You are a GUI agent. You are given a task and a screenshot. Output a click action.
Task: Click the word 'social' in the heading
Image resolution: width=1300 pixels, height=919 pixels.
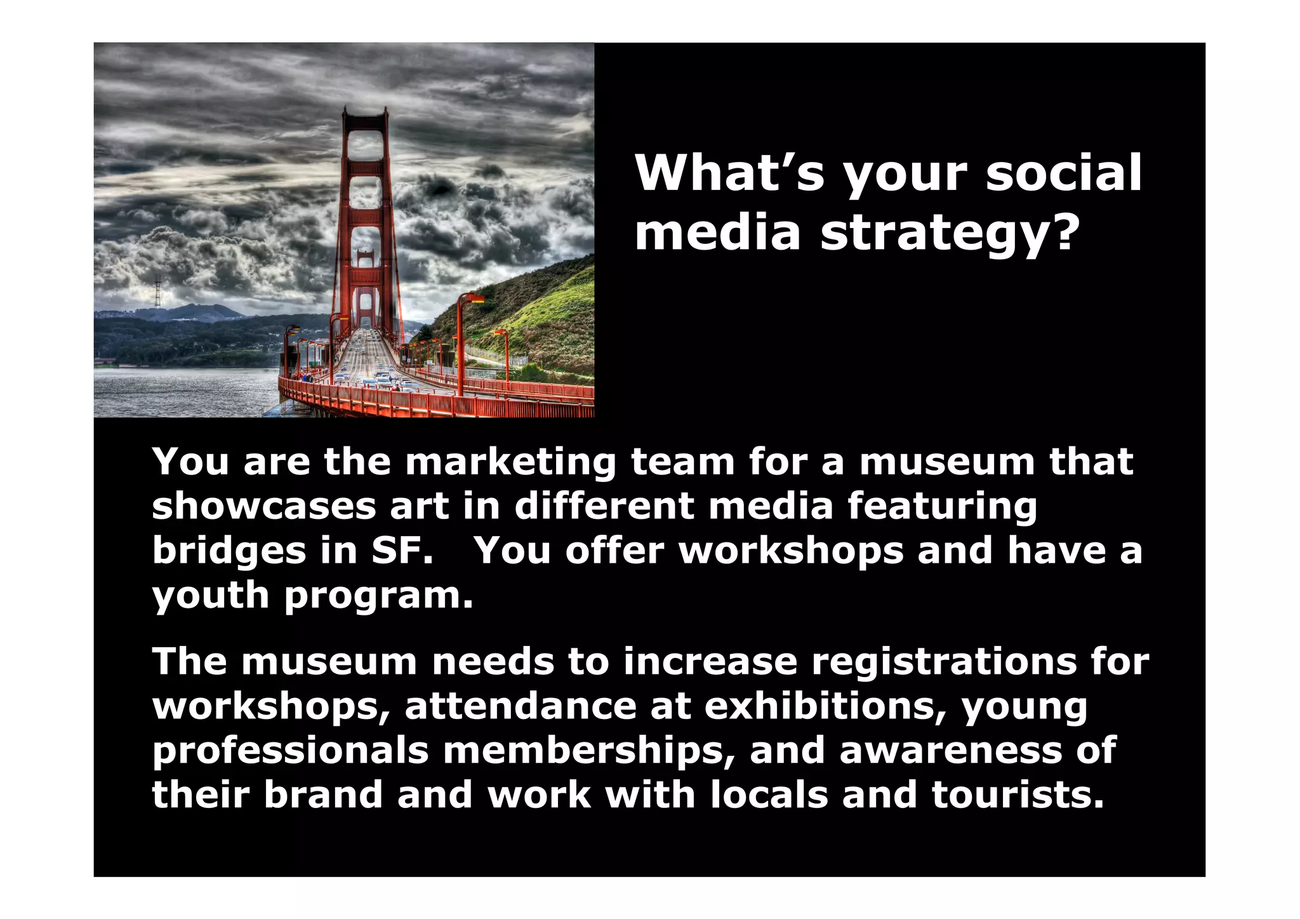pyautogui.click(x=1063, y=173)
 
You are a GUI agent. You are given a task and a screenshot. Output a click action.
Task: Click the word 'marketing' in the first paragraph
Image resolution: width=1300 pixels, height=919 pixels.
pyautogui.click(x=510, y=462)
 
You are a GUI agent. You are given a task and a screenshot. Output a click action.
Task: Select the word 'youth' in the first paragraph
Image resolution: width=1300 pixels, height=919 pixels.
pyautogui.click(x=210, y=596)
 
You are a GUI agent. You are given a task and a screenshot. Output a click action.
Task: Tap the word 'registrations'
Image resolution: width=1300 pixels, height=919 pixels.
pyautogui.click(x=944, y=662)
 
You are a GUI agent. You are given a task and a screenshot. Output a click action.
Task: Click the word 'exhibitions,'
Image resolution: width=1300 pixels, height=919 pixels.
pyautogui.click(x=825, y=706)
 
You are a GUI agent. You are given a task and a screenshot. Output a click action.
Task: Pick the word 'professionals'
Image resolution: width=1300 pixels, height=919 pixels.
pyautogui.click(x=290, y=751)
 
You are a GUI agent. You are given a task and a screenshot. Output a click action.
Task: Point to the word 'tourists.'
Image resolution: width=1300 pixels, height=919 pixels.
pyautogui.click(x=1018, y=795)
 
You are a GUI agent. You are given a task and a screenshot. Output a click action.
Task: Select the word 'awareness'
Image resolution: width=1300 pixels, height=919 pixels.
pyautogui.click(x=950, y=751)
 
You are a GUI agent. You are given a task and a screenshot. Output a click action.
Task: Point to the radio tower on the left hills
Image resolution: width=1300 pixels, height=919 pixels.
pyautogui.click(x=157, y=292)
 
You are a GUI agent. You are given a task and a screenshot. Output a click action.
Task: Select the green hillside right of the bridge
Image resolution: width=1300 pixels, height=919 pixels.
pyautogui.click(x=546, y=311)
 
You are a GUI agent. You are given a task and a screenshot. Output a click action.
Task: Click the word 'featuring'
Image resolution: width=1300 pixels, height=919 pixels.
pyautogui.click(x=942, y=507)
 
